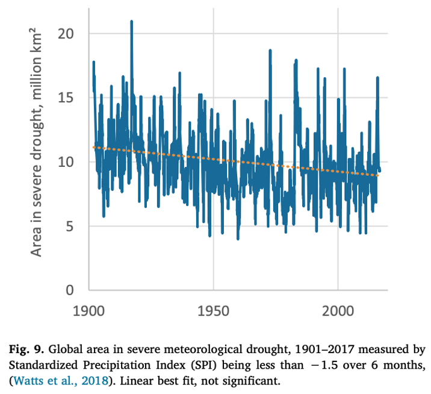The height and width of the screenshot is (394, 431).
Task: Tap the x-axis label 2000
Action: pos(338,313)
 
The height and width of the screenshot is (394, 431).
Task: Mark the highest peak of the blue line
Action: pos(131,22)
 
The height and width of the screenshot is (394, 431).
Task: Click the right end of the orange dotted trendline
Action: pos(379,175)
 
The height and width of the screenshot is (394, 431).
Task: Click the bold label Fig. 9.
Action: pos(31,349)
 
